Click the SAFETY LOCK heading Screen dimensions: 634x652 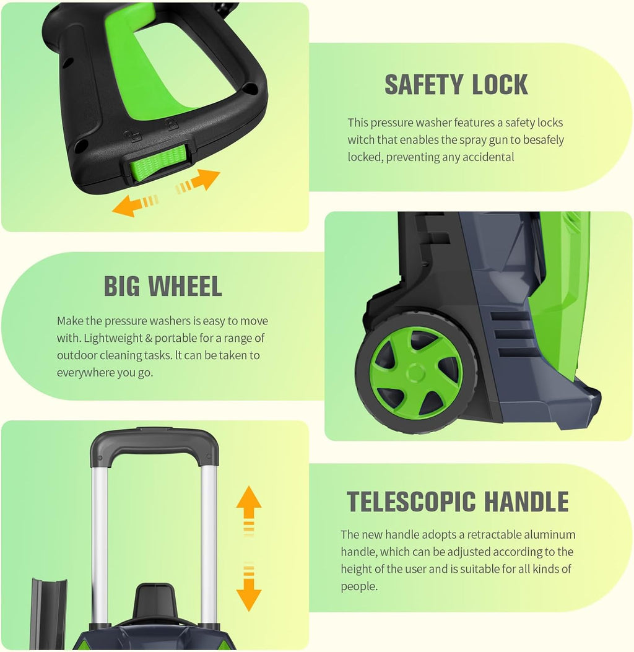coord(456,84)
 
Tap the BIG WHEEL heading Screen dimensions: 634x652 coord(163,286)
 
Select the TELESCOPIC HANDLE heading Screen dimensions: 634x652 coord(458,501)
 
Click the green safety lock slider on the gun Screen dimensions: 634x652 coord(157,163)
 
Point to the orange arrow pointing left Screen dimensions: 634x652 coord(135,204)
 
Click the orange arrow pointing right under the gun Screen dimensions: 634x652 coord(198,181)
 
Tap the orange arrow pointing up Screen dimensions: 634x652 coord(249,510)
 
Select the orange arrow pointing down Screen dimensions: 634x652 coord(249,587)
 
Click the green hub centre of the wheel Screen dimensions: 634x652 coord(415,373)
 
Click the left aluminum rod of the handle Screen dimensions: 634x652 coord(99,541)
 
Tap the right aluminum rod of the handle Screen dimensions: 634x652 coord(209,541)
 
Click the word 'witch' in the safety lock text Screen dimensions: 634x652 coord(361,140)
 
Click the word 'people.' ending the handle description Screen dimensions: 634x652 coord(359,587)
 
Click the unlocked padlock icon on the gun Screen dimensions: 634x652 coord(134,136)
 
